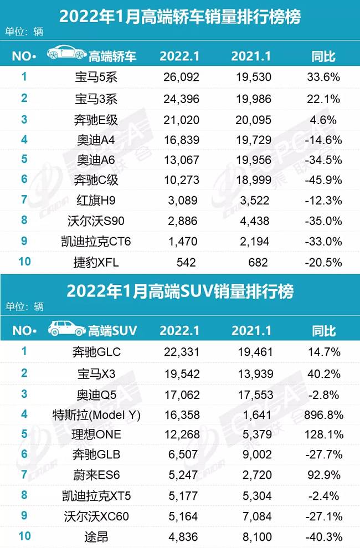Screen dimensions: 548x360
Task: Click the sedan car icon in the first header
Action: pyautogui.click(x=66, y=54)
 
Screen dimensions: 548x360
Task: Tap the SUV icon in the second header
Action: pyautogui.click(x=67, y=330)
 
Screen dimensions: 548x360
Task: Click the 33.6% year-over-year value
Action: pyautogui.click(x=323, y=77)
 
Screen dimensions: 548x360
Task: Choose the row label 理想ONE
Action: pyautogui.click(x=96, y=434)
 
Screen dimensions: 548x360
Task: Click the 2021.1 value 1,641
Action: pyautogui.click(x=251, y=414)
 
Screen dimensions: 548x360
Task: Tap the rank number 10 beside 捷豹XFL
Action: pyautogui.click(x=24, y=261)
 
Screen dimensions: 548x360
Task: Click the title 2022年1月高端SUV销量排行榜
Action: pyautogui.click(x=180, y=290)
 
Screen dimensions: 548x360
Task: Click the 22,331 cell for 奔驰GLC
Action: pyautogui.click(x=180, y=352)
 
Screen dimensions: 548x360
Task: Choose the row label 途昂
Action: pyautogui.click(x=96, y=537)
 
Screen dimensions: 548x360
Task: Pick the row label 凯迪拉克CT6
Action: pyautogui.click(x=96, y=241)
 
